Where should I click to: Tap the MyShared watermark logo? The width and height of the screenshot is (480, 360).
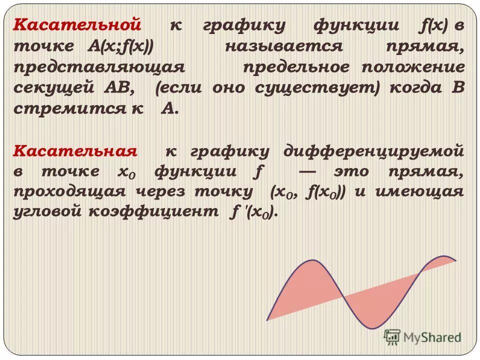pyautogui.click(x=422, y=337)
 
